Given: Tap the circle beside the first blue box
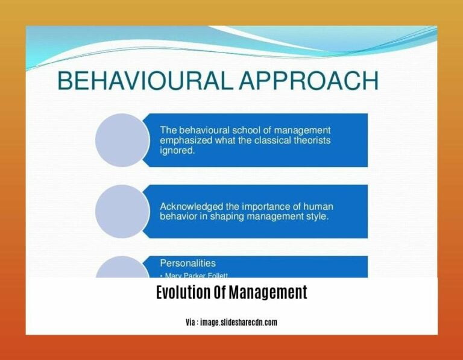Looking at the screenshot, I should [x=122, y=140].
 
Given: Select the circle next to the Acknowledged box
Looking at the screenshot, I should [x=122, y=211].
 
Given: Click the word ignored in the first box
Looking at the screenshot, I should [x=177, y=151].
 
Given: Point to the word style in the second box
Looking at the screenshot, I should [x=318, y=218].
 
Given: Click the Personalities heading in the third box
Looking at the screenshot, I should [x=187, y=263].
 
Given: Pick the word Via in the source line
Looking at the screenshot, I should [x=191, y=323].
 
